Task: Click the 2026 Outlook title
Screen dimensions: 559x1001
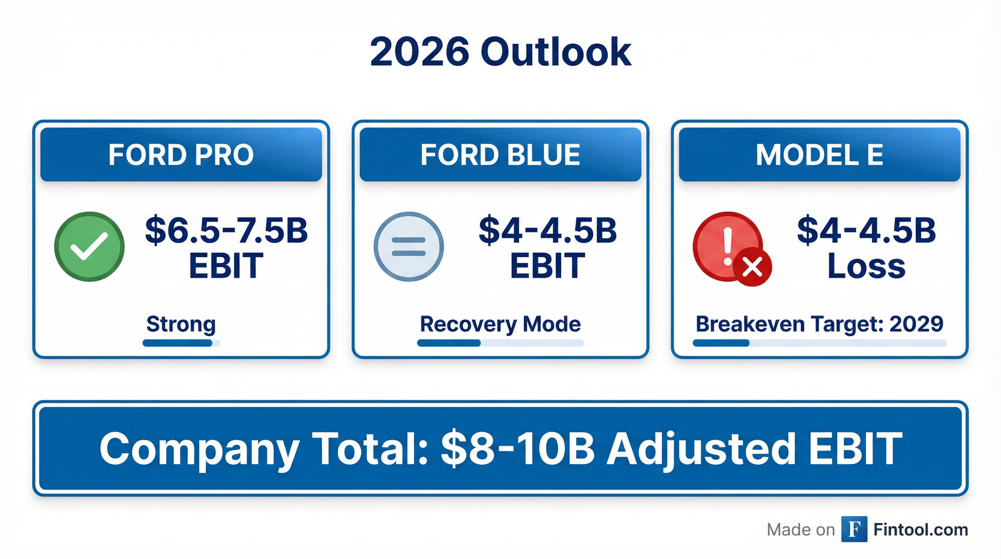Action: [500, 52]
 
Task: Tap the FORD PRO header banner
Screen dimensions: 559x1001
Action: [181, 154]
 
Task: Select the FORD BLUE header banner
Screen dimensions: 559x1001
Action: [500, 154]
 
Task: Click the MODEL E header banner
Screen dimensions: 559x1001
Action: [819, 154]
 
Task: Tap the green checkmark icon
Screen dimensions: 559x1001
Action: [89, 246]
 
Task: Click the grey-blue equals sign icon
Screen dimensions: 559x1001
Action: [408, 246]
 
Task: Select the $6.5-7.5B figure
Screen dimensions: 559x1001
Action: [227, 230]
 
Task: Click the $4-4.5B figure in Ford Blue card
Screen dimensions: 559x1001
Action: [547, 230]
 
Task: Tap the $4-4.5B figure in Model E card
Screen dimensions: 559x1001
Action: [866, 230]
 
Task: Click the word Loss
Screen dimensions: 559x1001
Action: [866, 266]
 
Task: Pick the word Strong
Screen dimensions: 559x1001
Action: [181, 324]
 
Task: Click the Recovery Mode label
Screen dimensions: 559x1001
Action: [500, 324]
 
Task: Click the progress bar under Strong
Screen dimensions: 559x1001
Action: [181, 343]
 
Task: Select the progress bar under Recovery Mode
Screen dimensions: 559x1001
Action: [500, 343]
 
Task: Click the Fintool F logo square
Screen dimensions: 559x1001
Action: [854, 529]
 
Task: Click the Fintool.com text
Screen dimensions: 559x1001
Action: [920, 530]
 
